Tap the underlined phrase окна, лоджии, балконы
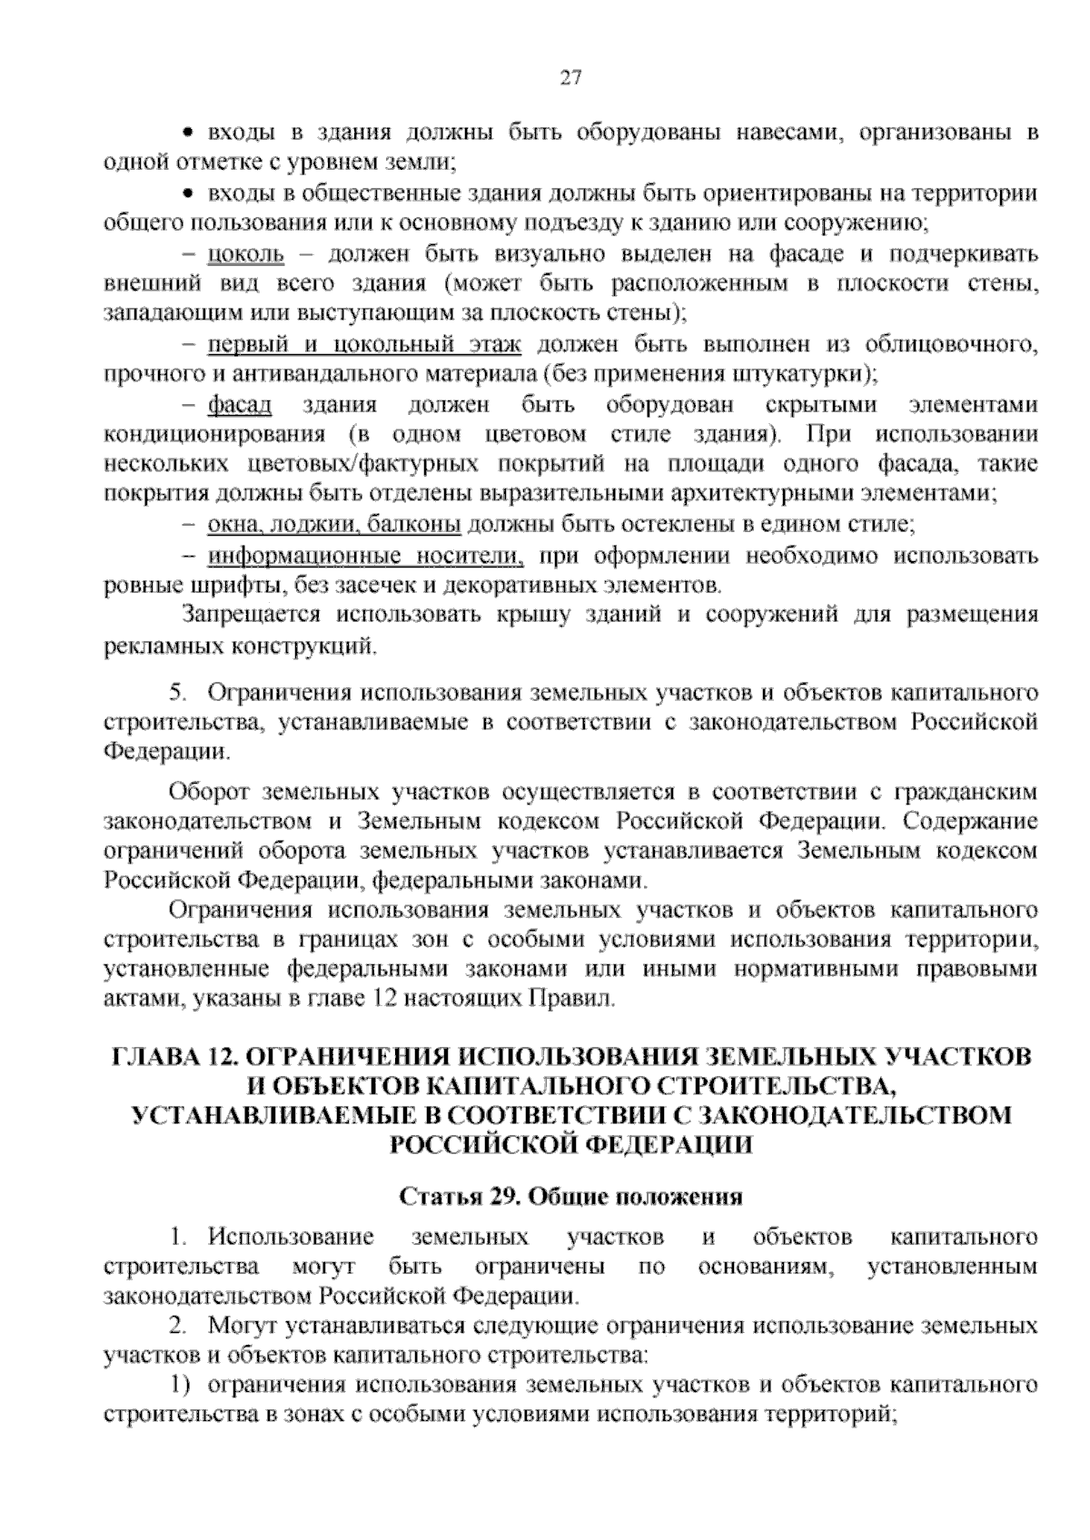334,524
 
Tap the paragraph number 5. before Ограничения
178,694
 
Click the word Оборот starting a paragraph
208,792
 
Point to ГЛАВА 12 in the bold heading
173,1057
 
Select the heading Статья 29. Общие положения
571,1196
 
